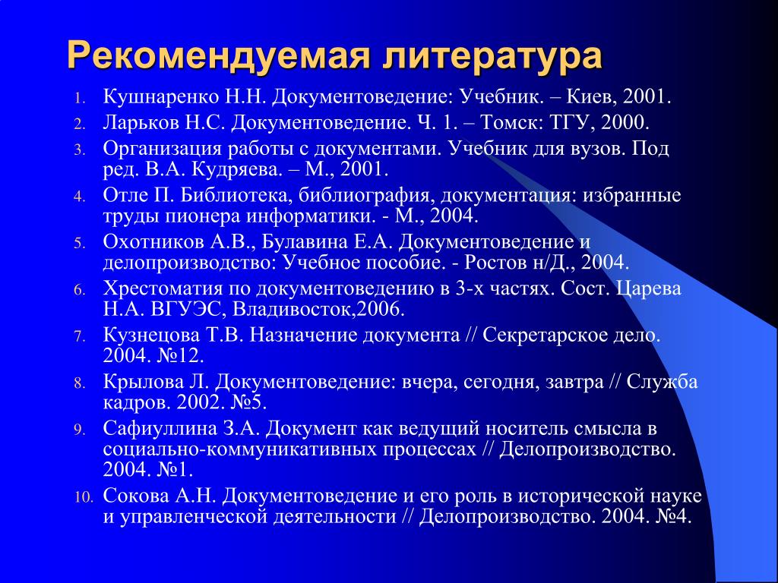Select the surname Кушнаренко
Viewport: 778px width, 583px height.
pyautogui.click(x=161, y=96)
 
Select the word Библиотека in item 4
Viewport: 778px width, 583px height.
pyautogui.click(x=236, y=195)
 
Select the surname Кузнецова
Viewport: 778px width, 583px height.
pyautogui.click(x=151, y=336)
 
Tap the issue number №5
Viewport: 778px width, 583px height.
pyautogui.click(x=249, y=402)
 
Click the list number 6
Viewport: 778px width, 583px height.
pyautogui.click(x=81, y=291)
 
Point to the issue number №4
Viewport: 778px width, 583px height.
pyautogui.click(x=673, y=516)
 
